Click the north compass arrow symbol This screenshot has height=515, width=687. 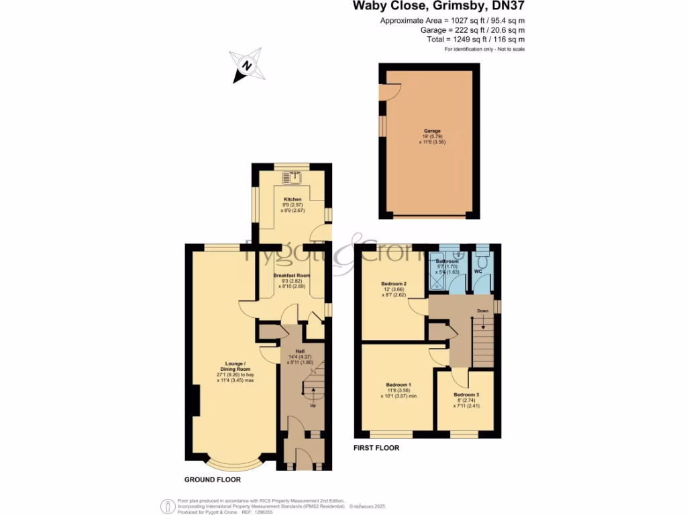246,66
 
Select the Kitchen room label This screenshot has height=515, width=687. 293,200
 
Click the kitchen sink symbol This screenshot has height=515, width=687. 292,178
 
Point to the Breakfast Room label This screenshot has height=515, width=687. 292,276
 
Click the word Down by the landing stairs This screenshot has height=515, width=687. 482,311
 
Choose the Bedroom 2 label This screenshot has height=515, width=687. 395,284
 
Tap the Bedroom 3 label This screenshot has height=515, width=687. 466,395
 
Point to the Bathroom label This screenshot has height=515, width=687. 447,261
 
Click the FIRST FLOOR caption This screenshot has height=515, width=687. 376,448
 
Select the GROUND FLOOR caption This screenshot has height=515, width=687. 213,480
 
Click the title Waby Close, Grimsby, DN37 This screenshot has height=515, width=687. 439,7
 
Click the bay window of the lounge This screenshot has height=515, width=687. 233,463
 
